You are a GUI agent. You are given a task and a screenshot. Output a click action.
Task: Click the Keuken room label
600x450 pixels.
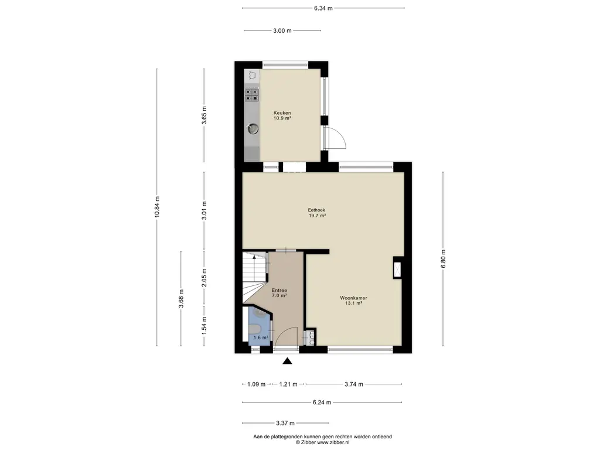coord(282,113)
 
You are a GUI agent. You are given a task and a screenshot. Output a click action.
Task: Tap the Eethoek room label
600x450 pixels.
coord(316,210)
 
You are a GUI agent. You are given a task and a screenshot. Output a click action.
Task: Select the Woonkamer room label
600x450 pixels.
coord(353,298)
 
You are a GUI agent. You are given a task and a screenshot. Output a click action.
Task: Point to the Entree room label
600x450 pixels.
coord(279,291)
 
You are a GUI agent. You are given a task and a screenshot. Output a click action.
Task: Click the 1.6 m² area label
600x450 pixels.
coord(261,337)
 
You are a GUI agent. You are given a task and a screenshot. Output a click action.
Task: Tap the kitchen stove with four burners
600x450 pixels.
coord(252,94)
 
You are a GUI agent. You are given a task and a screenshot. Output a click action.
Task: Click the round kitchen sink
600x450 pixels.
coord(253,128)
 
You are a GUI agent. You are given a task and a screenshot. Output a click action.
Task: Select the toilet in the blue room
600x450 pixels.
coord(255,329)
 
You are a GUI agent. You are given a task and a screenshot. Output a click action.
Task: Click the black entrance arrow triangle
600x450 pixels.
coord(287,361)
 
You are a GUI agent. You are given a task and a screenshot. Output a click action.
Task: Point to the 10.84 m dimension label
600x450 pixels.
coord(157,207)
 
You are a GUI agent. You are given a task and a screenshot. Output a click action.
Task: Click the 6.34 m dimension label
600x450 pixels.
coord(323,8)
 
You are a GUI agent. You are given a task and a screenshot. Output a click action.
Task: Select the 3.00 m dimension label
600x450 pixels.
coord(282,30)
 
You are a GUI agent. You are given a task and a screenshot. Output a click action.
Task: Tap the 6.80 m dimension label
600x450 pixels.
coord(443,259)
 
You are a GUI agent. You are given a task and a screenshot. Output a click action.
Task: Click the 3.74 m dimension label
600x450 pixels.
coord(354,384)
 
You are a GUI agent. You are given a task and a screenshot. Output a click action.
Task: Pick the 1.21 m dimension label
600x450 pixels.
coord(288,384)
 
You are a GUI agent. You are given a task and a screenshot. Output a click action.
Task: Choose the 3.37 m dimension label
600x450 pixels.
coord(285,423)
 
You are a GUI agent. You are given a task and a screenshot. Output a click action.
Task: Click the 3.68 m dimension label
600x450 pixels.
coord(181,298)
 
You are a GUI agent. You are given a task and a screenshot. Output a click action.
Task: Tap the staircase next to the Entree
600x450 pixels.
coord(254,277)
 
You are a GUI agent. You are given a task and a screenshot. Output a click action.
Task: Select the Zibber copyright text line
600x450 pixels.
coord(323,442)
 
